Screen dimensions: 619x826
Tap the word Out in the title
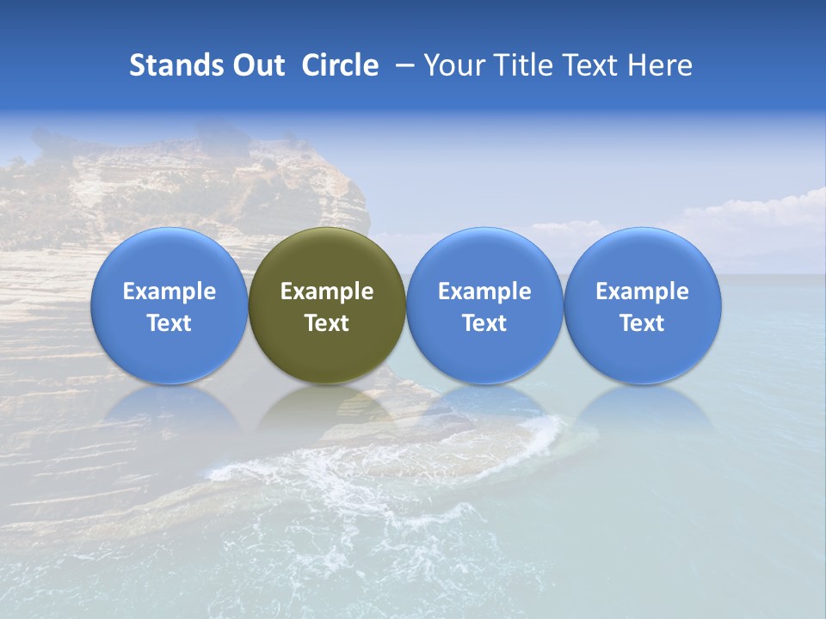260,65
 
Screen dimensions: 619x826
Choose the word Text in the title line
590,65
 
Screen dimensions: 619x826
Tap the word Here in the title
661,65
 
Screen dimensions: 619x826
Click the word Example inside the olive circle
327,291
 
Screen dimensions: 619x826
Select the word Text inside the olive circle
327,323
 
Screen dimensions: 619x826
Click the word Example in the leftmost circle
170,291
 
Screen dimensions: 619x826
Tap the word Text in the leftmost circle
170,323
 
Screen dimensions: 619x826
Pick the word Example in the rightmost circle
642,291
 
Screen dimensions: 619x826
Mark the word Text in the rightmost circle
642,323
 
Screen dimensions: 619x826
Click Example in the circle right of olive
484,291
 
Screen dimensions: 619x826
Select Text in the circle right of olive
484,323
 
